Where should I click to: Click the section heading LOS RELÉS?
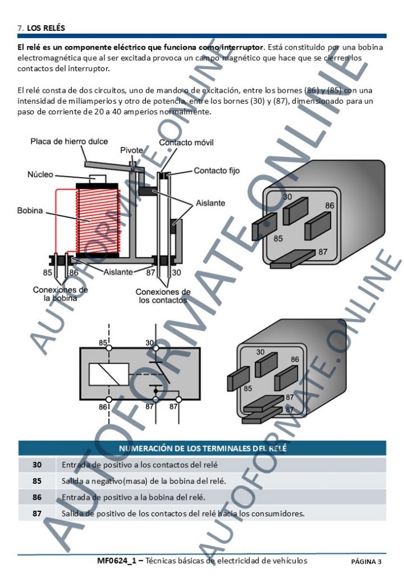coord(46,27)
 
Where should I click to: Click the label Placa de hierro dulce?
coord(69,141)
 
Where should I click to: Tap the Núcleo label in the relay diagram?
coord(40,174)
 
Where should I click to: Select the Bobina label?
coord(30,211)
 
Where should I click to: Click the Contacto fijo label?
coord(217,170)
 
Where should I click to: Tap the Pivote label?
coord(132,150)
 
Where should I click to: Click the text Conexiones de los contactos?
coord(163,296)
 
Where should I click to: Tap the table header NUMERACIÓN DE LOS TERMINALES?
coord(202,448)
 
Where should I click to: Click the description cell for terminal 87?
coord(183,514)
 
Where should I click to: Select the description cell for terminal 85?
coord(144,481)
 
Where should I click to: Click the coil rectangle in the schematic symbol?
coord(108,373)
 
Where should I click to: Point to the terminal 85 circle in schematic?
coord(109,347)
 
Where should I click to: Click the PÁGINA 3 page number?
coord(366,562)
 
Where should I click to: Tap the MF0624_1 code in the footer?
coord(116,561)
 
